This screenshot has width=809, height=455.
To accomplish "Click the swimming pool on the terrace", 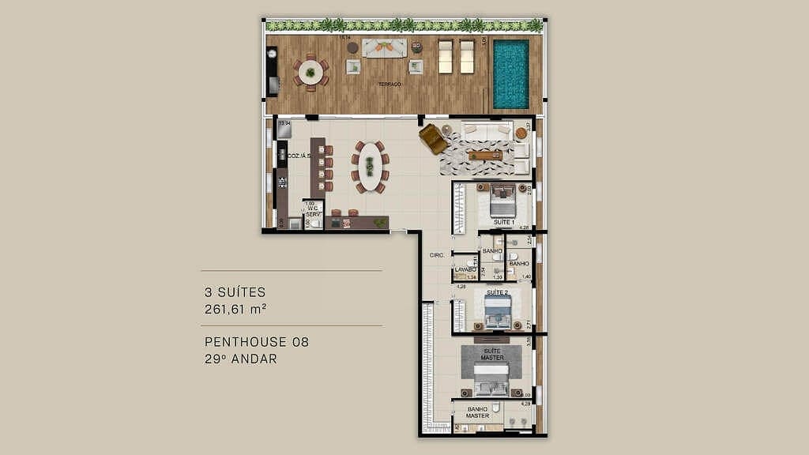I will [511, 73].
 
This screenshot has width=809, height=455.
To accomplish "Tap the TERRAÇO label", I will [389, 84].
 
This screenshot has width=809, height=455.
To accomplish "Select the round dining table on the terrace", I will [310, 73].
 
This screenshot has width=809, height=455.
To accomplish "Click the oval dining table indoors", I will [370, 167].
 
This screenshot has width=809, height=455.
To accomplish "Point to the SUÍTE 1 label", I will [504, 223].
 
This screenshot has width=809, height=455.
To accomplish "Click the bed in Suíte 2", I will [498, 311].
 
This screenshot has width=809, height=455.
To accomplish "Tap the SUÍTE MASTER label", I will [491, 354].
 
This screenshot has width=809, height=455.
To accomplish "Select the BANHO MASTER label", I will [477, 412].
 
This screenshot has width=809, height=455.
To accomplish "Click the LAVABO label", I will [465, 269].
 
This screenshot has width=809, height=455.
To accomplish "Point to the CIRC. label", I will [435, 255].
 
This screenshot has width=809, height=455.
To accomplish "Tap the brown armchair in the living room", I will [433, 138].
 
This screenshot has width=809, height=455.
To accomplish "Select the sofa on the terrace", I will [384, 48].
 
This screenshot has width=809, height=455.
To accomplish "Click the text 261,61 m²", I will [235, 309].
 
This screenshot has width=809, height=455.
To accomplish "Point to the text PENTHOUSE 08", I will [257, 342].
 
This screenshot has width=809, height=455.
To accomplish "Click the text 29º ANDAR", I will [241, 359].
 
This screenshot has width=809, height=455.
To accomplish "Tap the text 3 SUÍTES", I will [235, 292].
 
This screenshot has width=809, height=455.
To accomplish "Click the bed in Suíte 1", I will [502, 201].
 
